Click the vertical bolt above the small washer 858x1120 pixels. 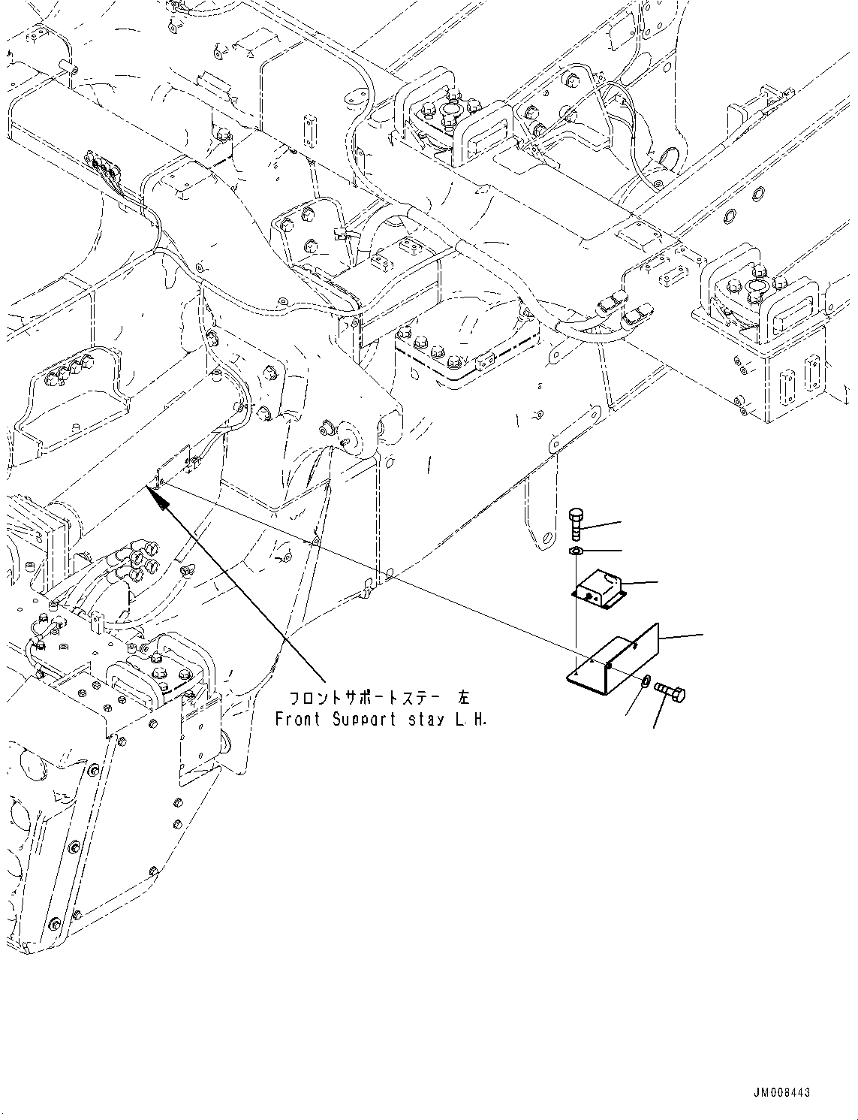pos(575,524)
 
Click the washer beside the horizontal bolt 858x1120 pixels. pos(646,681)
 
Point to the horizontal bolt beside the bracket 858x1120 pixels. pos(669,690)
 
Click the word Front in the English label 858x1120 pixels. pos(297,719)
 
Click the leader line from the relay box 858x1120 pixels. pos(639,582)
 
